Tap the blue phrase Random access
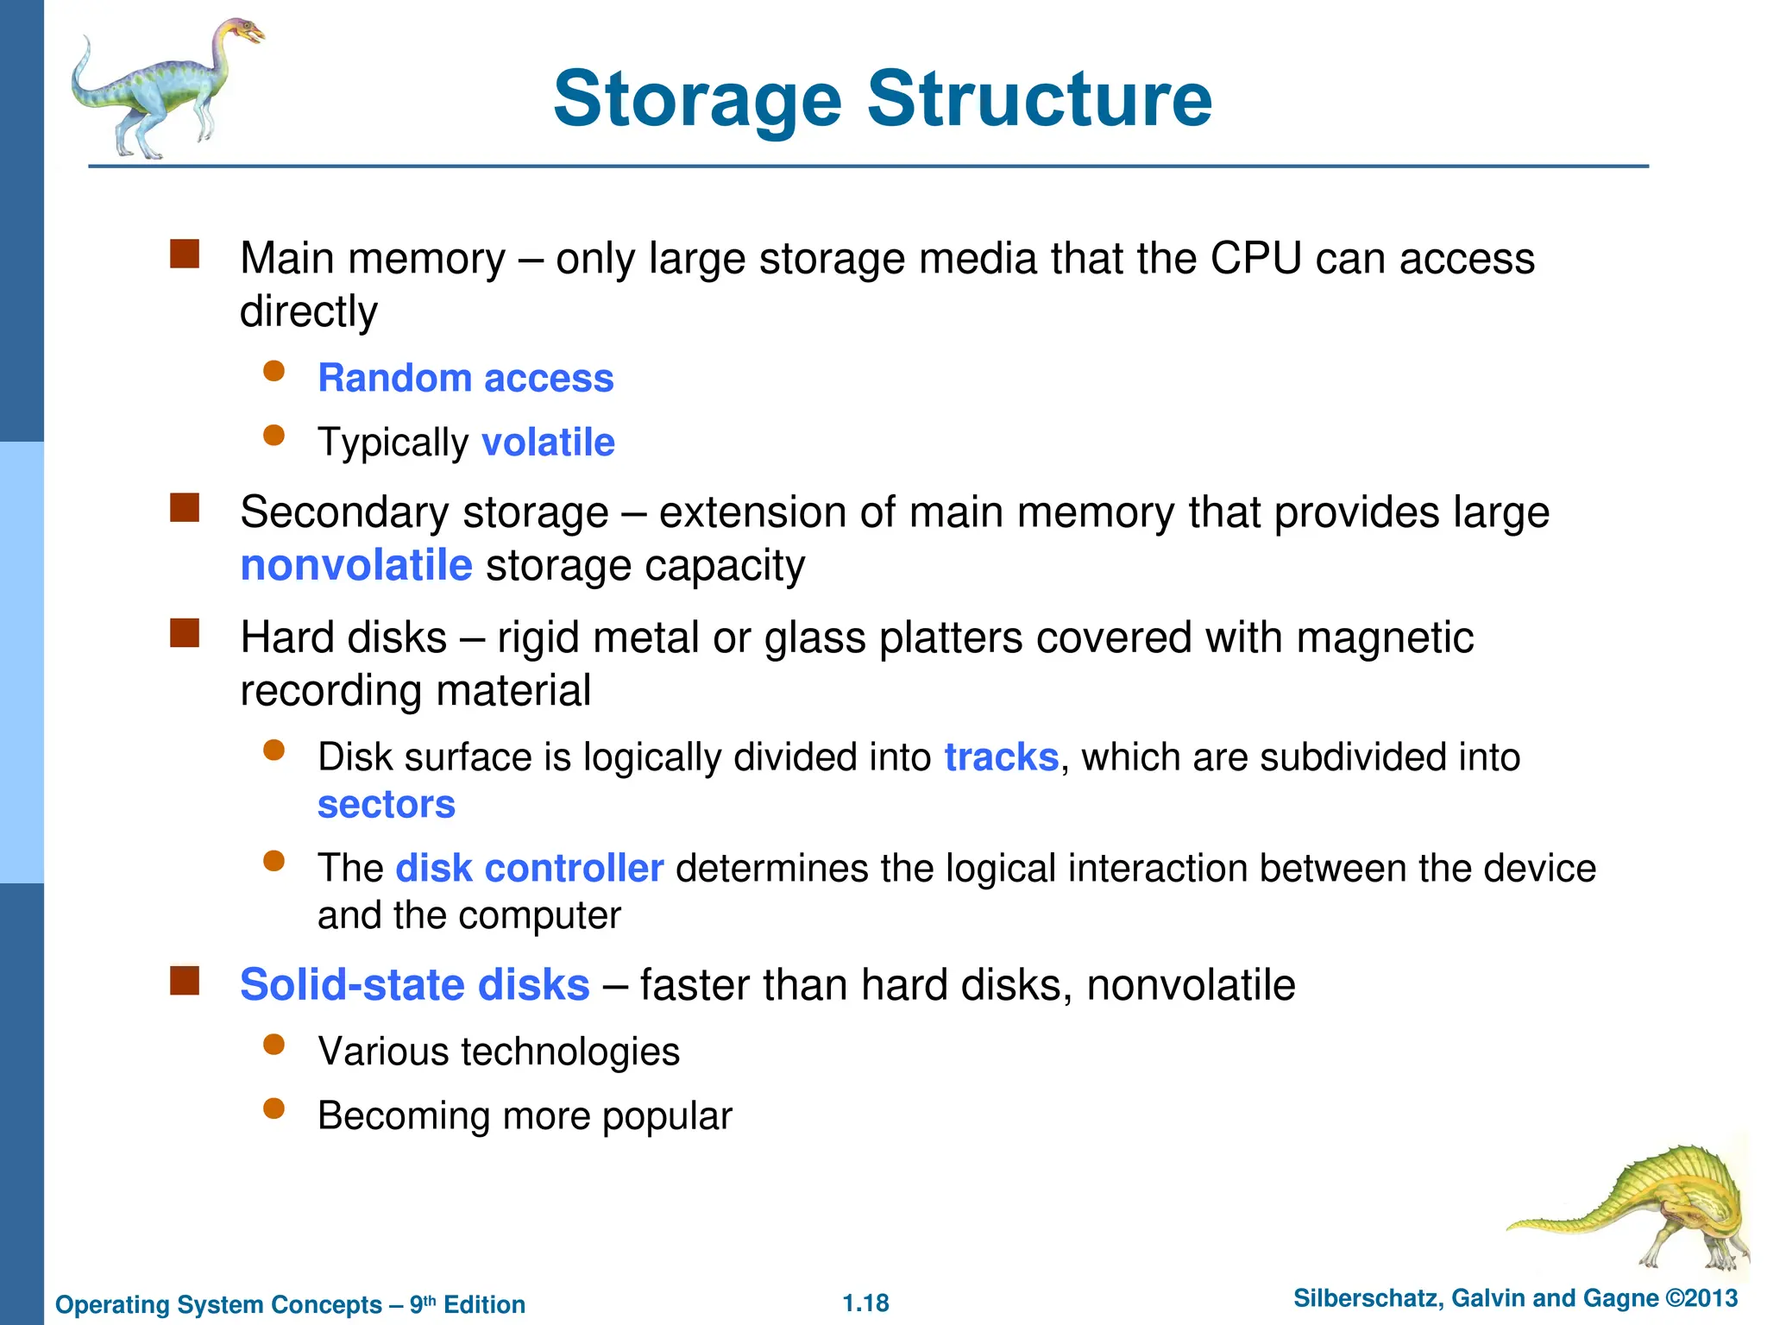pos(466,378)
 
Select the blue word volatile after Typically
pos(548,442)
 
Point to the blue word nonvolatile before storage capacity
pos(356,566)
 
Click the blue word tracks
pos(1001,757)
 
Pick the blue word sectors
pos(387,805)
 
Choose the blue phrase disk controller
pos(530,868)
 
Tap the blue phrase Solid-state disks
pos(415,984)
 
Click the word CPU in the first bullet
pos(1255,258)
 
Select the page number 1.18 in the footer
pos(865,1303)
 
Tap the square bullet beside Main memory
pos(185,254)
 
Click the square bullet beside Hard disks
pos(185,634)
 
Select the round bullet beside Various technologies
pos(274,1046)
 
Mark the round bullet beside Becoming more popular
pos(274,1109)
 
